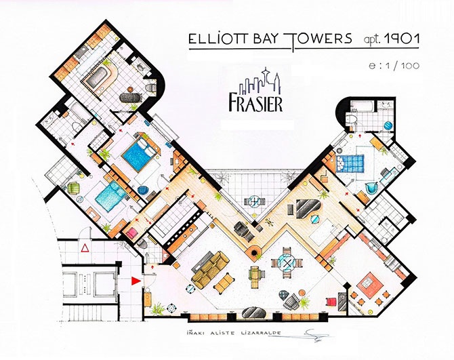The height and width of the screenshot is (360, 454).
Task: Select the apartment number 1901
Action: coord(401,39)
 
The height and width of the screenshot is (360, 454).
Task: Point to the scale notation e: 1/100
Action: coord(394,66)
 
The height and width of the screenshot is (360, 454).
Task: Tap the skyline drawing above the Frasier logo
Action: coord(260,81)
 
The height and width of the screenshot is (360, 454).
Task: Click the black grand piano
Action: coord(308,208)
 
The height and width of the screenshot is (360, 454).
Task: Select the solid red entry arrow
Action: coord(136,281)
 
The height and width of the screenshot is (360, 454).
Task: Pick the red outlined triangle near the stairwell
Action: coord(85,248)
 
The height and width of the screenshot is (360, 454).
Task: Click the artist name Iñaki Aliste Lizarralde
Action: coord(234,333)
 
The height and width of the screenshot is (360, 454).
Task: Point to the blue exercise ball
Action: coord(387,126)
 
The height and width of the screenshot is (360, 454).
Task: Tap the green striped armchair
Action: coord(73,188)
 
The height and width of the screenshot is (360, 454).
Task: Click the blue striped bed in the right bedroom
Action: coord(350,164)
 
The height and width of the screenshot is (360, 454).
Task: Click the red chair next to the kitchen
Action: coord(331,302)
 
